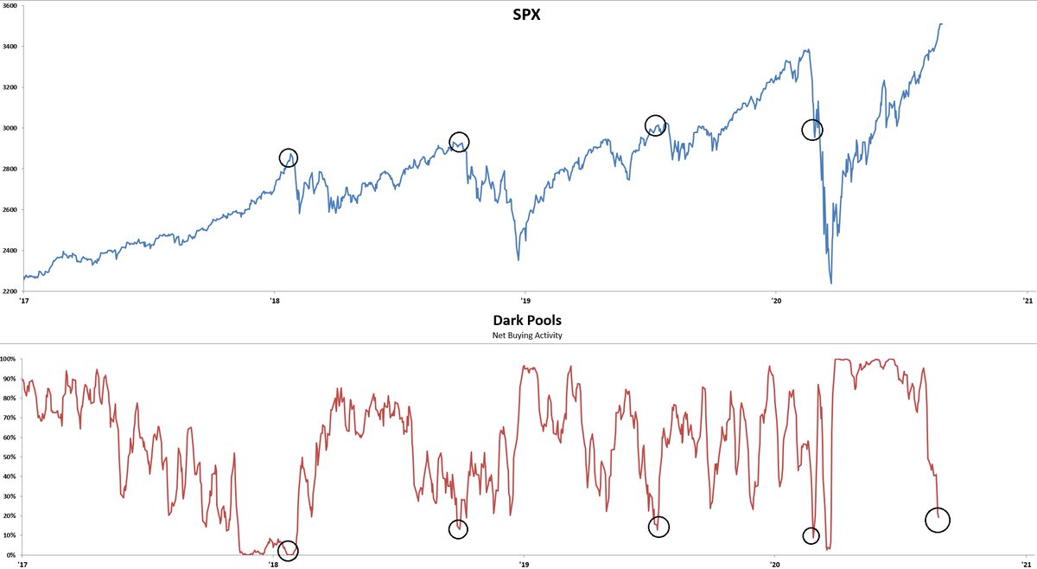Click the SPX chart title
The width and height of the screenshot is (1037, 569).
pyautogui.click(x=520, y=16)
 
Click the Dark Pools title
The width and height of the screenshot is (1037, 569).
pyautogui.click(x=520, y=319)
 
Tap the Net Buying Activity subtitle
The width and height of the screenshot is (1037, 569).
pyautogui.click(x=520, y=335)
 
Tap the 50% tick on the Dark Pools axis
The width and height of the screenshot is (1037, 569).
pyautogui.click(x=10, y=457)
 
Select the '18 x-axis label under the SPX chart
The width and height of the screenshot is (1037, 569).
pyautogui.click(x=274, y=300)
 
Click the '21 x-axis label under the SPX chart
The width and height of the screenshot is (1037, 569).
pyautogui.click(x=1027, y=300)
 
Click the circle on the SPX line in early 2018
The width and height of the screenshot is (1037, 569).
pyautogui.click(x=289, y=157)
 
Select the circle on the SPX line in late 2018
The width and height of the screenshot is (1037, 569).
pyautogui.click(x=460, y=142)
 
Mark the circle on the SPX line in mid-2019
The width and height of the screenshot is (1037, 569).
pyautogui.click(x=655, y=125)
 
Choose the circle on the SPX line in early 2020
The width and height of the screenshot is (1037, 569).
pyautogui.click(x=812, y=130)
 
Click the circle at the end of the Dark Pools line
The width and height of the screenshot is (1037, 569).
pyautogui.click(x=938, y=520)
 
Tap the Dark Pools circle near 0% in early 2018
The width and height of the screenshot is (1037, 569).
pyautogui.click(x=289, y=550)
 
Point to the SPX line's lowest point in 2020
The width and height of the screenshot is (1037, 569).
pyautogui.click(x=831, y=283)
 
